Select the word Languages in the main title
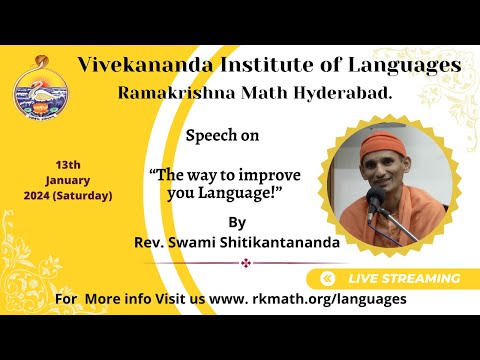[x=404, y=66]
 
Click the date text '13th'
[x=69, y=163]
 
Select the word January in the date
[x=68, y=179]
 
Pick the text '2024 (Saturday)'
[x=68, y=195]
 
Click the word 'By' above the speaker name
[x=236, y=221]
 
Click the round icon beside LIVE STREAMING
[x=327, y=278]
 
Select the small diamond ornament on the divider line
[x=245, y=263]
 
